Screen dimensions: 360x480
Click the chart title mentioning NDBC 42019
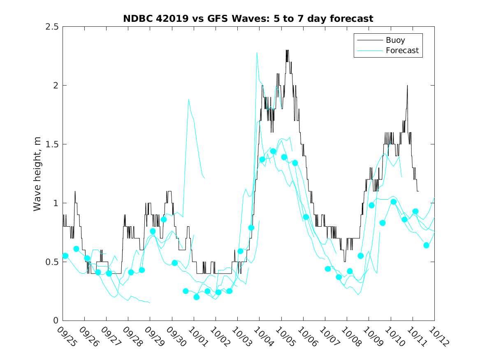pyautogui.click(x=248, y=19)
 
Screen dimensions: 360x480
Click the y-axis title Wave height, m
pyautogui.click(x=37, y=174)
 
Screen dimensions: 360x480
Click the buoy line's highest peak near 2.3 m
pyautogui.click(x=287, y=50)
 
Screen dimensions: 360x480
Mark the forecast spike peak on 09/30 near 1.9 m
pyautogui.click(x=188, y=99)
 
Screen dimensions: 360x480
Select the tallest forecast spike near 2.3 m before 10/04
pyautogui.click(x=257, y=53)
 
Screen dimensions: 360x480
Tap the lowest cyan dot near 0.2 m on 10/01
pyautogui.click(x=197, y=297)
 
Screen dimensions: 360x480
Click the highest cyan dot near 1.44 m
pyautogui.click(x=273, y=151)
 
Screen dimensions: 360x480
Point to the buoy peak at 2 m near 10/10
pyautogui.click(x=407, y=86)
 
